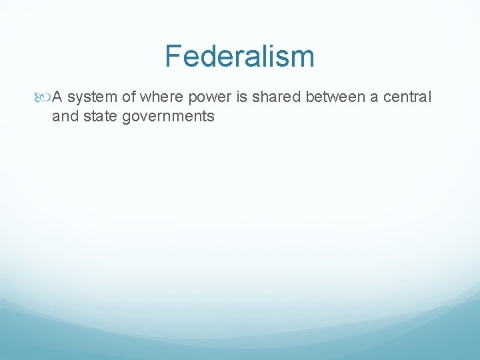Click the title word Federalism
pyautogui.click(x=239, y=56)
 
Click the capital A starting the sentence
pyautogui.click(x=57, y=97)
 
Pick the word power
pyautogui.click(x=209, y=98)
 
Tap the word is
pyautogui.click(x=239, y=97)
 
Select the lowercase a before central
pyautogui.click(x=375, y=98)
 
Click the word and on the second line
pyautogui.click(x=64, y=116)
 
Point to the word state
pyautogui.click(x=100, y=116)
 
